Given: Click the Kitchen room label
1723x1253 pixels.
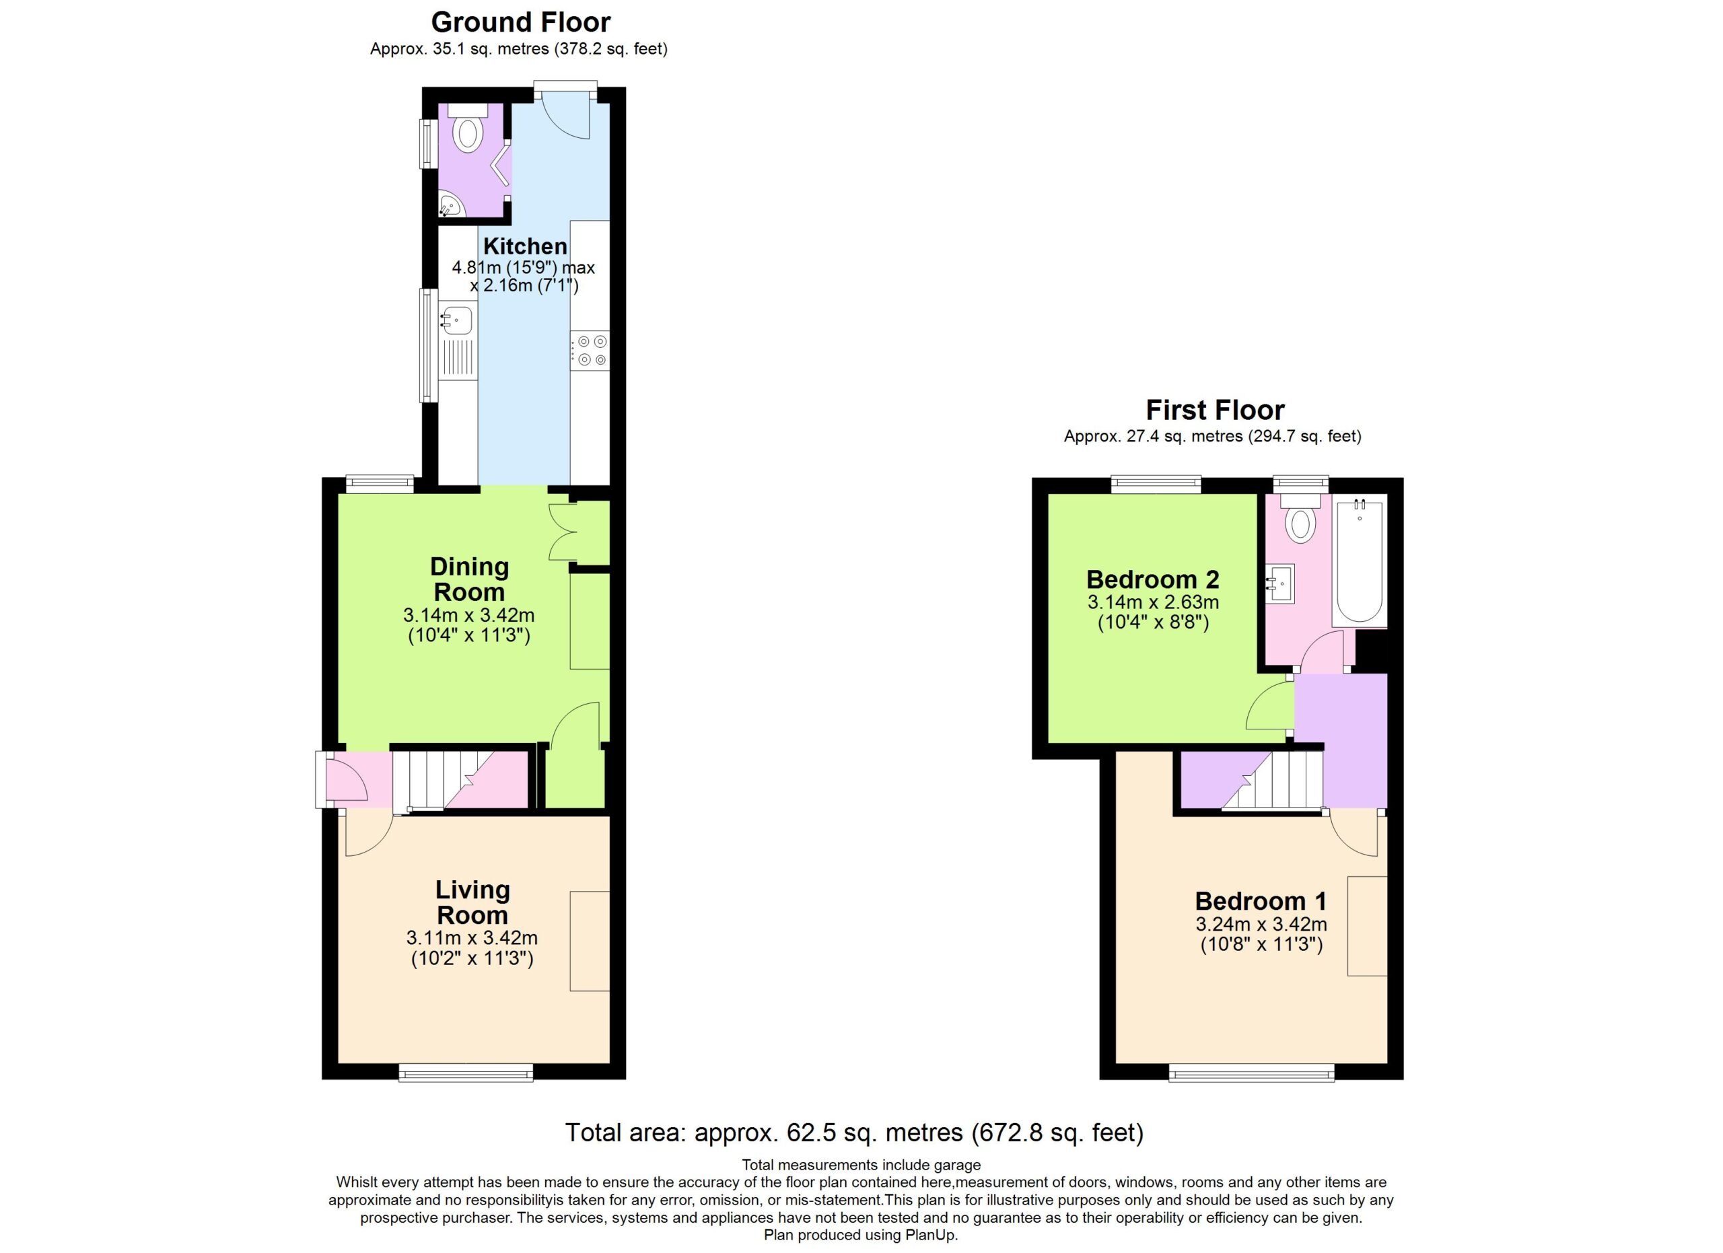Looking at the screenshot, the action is pos(525,246).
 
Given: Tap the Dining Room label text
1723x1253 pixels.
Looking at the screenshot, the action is pos(470,579).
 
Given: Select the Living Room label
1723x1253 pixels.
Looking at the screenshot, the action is pos(472,902).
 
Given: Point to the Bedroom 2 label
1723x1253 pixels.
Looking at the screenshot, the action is pos(1152,579).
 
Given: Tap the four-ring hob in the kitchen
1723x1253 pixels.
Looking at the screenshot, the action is pos(590,351).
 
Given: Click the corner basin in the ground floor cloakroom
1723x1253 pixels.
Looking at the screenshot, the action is pos(449,205).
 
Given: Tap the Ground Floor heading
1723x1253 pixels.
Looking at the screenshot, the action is pos(521,22).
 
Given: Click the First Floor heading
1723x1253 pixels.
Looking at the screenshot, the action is pos(1215,410).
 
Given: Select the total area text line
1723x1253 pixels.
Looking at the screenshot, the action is pos(855,1133).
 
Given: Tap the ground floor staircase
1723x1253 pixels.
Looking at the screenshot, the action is pos(460,779).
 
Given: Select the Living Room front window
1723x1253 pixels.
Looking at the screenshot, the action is pos(466,1071).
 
